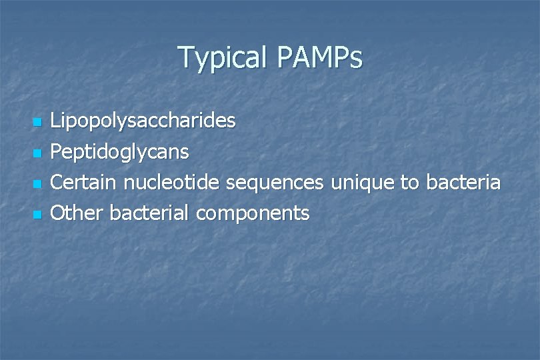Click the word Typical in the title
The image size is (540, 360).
221,58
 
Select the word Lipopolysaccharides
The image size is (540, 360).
143,121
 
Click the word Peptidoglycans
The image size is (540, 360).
120,153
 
